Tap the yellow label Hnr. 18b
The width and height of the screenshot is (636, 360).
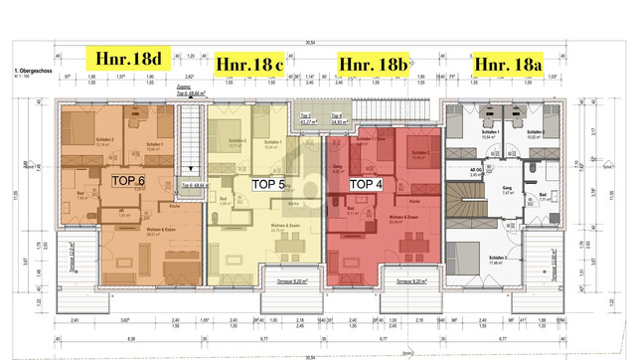[x=374, y=64]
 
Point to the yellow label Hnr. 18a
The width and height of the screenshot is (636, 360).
[x=508, y=64]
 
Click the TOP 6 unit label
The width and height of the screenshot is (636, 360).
[x=127, y=180]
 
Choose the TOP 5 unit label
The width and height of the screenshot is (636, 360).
[x=267, y=184]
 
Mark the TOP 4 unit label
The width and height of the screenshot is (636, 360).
[x=367, y=184]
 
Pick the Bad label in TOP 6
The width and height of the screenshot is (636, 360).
[x=81, y=195]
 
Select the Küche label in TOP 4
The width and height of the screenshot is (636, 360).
[x=411, y=199]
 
